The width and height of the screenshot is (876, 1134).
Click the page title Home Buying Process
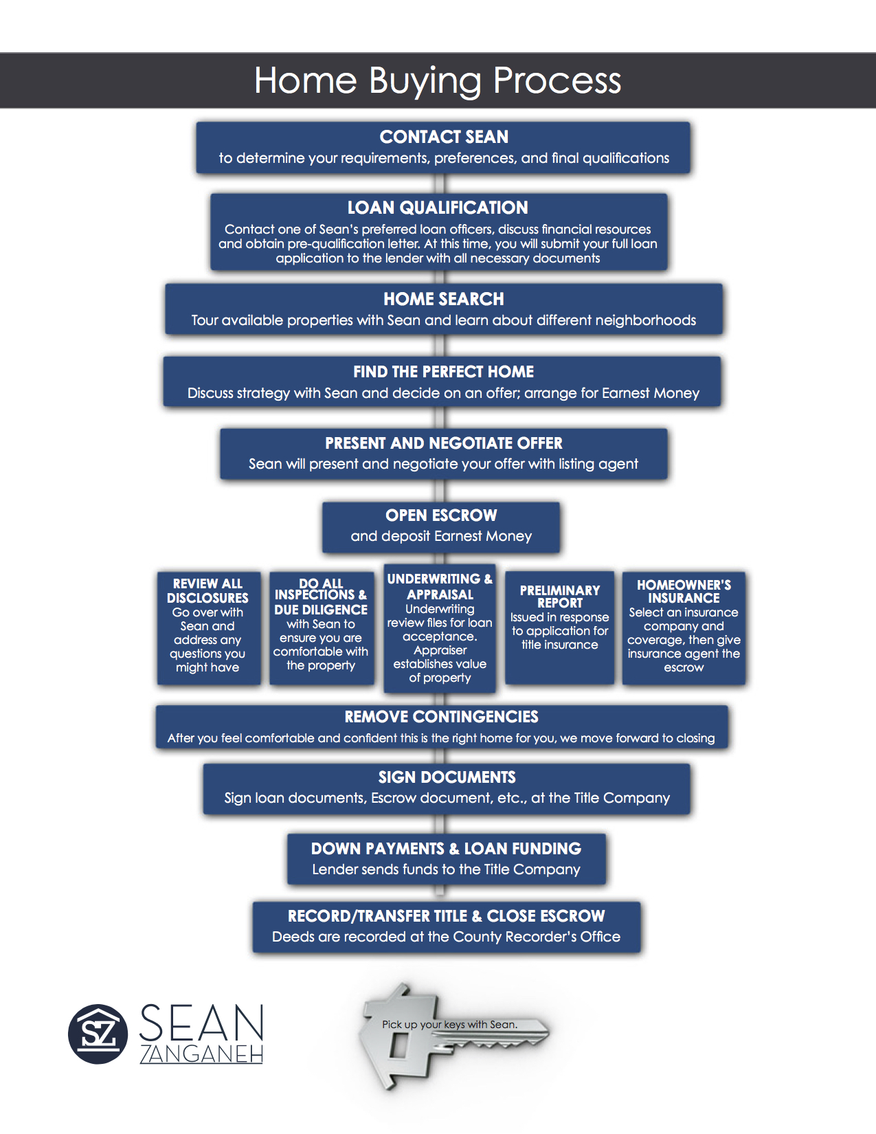tap(437, 81)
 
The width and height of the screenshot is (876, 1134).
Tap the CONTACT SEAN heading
tap(443, 137)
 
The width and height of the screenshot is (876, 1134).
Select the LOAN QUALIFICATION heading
tap(438, 208)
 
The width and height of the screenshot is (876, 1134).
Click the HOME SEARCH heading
tap(443, 299)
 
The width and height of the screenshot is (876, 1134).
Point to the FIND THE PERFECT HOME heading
tap(443, 372)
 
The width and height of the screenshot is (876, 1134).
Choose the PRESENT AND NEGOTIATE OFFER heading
tap(443, 443)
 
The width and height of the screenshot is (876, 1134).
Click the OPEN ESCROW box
tap(441, 527)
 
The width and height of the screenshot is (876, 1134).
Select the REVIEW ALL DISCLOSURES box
tap(208, 627)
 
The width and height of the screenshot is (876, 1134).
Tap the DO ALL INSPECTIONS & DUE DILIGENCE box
tap(322, 627)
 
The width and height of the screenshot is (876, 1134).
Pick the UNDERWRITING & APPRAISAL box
tap(439, 628)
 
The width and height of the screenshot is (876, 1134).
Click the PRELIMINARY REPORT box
tap(559, 627)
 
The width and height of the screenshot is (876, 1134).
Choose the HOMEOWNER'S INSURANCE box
tap(684, 627)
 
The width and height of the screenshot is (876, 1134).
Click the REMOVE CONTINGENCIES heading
tap(441, 717)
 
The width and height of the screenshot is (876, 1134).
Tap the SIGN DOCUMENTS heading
tap(447, 777)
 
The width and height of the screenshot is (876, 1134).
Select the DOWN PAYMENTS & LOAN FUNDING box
tap(446, 859)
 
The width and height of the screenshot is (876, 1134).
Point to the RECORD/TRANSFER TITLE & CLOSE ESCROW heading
tap(446, 916)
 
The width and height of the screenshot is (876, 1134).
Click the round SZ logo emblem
tap(98, 1034)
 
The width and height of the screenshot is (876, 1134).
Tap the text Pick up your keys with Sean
tap(450, 1025)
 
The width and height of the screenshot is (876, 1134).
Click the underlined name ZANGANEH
tap(201, 1054)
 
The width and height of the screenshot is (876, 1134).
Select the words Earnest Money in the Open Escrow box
tap(482, 536)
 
